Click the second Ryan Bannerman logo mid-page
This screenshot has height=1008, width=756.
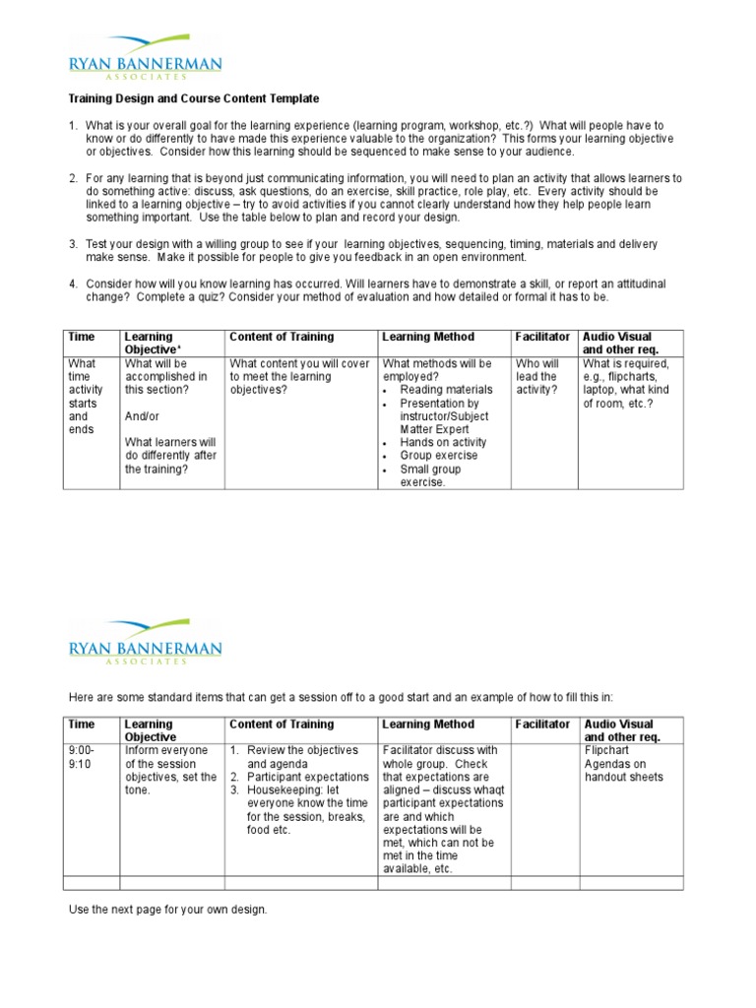(x=145, y=641)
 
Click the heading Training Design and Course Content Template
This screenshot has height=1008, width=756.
(x=193, y=99)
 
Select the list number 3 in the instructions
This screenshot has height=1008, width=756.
(x=73, y=243)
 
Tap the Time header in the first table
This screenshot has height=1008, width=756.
(x=81, y=337)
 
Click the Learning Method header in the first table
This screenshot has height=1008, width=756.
(x=427, y=337)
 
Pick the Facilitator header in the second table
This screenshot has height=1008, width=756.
(x=542, y=724)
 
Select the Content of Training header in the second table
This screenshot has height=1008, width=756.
(x=282, y=724)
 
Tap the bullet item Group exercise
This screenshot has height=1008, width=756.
(x=438, y=457)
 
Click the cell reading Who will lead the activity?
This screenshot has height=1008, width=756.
(x=537, y=377)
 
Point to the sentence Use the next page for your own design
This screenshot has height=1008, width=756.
(x=167, y=910)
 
